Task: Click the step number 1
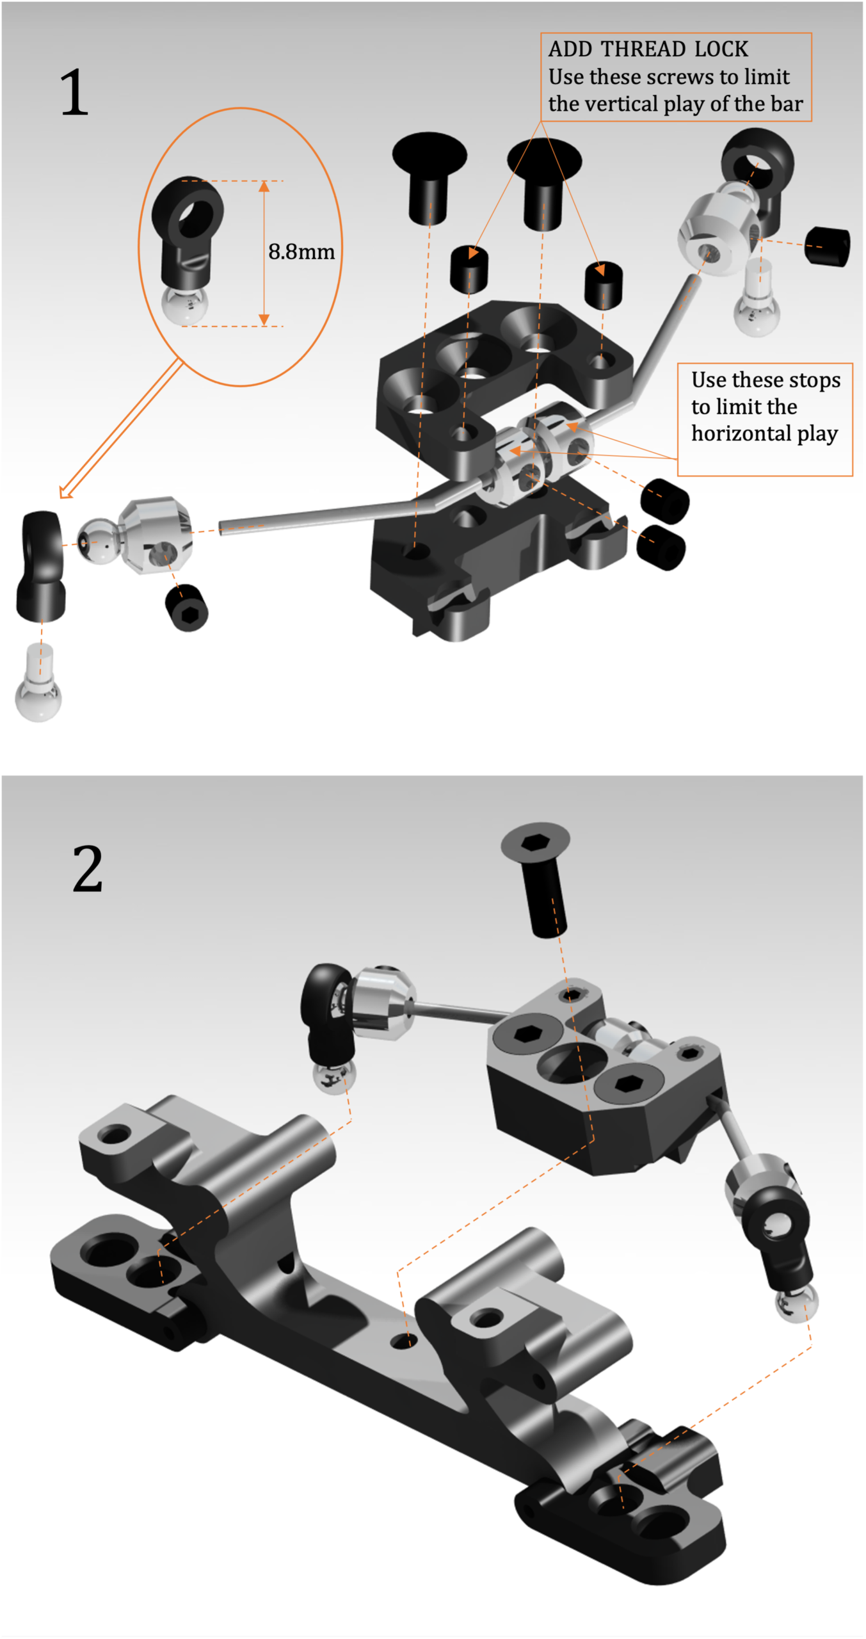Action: (74, 93)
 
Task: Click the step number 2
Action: (88, 869)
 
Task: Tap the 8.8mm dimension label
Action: (301, 252)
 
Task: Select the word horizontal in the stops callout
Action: (741, 433)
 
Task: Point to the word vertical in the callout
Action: (628, 104)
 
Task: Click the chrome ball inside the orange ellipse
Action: (184, 305)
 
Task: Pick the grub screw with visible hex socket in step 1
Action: (187, 608)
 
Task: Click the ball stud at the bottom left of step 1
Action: (38, 688)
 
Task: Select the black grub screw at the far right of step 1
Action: (827, 246)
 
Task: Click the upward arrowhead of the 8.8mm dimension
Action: (264, 186)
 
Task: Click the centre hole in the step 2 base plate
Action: (404, 1341)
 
